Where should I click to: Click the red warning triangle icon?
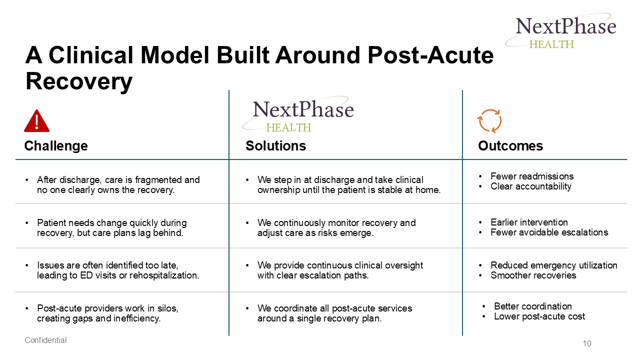point(36,121)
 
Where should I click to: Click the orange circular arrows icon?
point(489,120)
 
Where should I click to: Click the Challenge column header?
point(56,145)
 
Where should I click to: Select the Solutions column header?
point(275,145)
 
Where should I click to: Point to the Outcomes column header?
point(510,145)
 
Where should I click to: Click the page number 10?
point(586,343)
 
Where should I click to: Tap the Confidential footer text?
point(45,340)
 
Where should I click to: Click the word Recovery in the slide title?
point(79,81)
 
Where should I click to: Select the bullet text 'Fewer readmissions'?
point(532,176)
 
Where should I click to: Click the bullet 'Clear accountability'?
point(531,186)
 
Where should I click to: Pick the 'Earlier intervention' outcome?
point(529,222)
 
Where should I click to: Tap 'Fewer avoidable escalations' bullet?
point(549,232)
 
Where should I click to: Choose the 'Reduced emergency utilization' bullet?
point(553,265)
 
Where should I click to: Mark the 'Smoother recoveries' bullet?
point(533,275)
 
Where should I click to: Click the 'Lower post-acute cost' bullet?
point(539,316)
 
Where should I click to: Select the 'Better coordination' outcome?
point(532,306)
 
